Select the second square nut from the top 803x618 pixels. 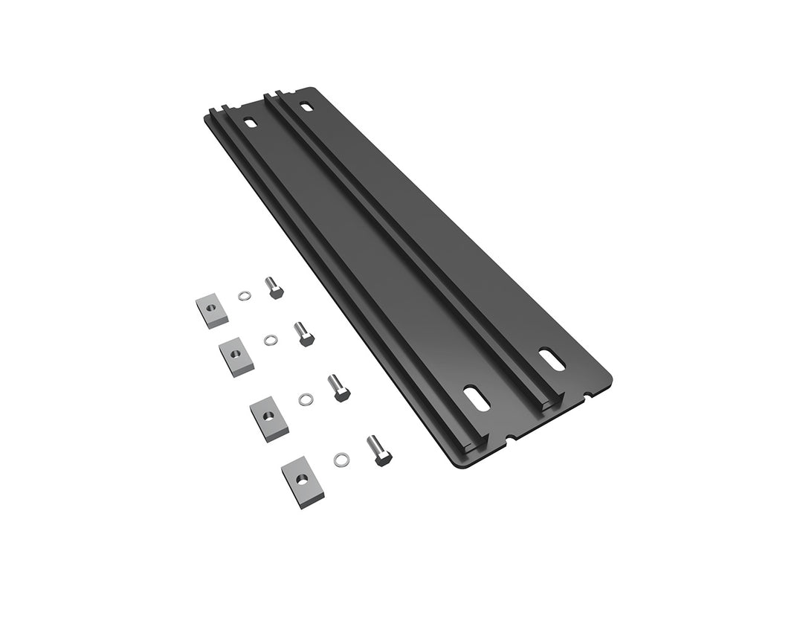point(237,356)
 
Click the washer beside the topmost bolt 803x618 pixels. point(244,296)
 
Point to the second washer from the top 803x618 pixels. point(271,341)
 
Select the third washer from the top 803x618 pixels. point(305,400)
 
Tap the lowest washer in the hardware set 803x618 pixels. point(341,459)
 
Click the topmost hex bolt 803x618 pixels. point(274,287)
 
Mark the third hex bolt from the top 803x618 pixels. point(338,387)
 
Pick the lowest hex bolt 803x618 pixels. point(378,451)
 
